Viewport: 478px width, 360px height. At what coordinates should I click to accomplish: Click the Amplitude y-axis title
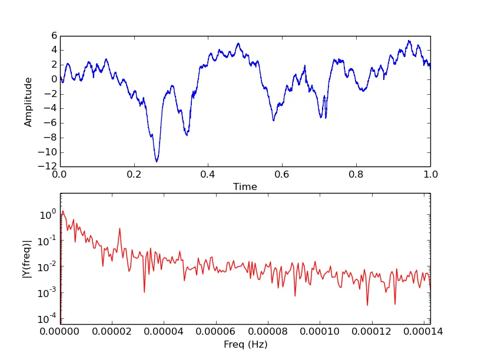coord(28,102)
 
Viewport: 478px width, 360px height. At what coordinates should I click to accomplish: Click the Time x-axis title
coord(245,187)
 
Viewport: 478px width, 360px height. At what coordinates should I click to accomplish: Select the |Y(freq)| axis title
coord(28,258)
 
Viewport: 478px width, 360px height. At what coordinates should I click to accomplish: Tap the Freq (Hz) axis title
coord(245,345)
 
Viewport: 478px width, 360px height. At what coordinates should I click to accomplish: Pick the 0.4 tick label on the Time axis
coord(208,175)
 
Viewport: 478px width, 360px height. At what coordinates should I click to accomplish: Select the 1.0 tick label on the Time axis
coord(430,175)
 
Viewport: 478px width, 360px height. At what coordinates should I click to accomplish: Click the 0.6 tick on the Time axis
coord(282,175)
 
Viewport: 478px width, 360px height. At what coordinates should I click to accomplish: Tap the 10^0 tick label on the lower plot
coord(48,215)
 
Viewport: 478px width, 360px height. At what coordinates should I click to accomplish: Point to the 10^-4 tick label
coord(47,319)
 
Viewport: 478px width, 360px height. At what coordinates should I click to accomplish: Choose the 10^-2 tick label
coord(47,267)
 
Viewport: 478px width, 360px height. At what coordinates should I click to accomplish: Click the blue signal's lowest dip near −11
coord(157,161)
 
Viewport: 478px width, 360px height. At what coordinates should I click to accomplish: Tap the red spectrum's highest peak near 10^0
coord(63,211)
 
